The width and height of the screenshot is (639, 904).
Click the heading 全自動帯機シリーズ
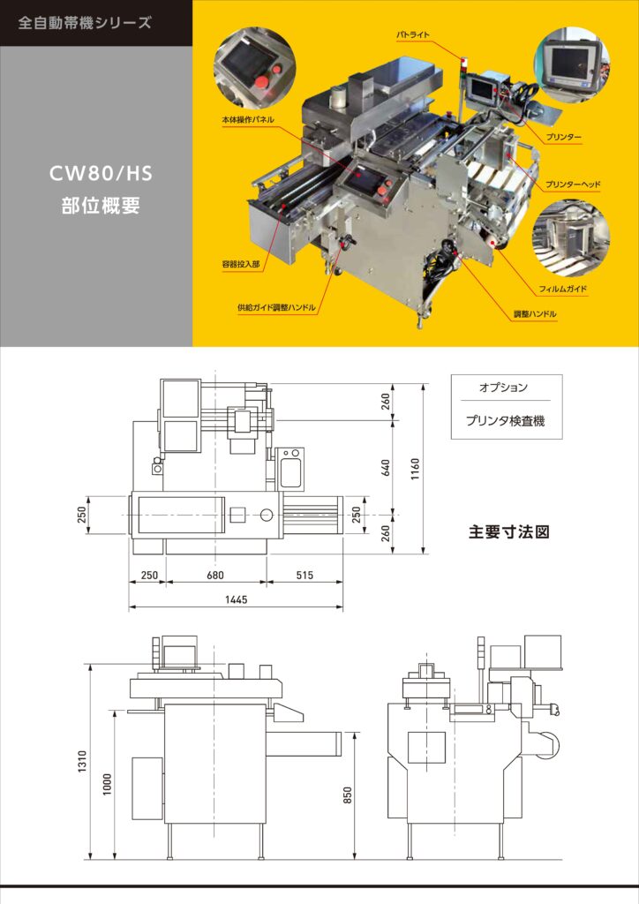point(85,23)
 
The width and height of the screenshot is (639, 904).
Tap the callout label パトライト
point(412,34)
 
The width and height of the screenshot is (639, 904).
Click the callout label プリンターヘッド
point(573,185)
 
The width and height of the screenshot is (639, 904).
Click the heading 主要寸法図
point(509,532)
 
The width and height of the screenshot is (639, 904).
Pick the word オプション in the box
point(504,388)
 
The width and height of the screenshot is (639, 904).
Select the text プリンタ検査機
point(505,421)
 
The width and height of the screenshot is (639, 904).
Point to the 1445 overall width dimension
point(236,599)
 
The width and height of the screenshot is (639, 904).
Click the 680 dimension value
point(215,576)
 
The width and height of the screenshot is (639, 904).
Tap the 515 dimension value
point(304,576)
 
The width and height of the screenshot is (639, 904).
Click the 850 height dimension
point(348,795)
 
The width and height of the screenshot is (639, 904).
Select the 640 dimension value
point(386,467)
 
